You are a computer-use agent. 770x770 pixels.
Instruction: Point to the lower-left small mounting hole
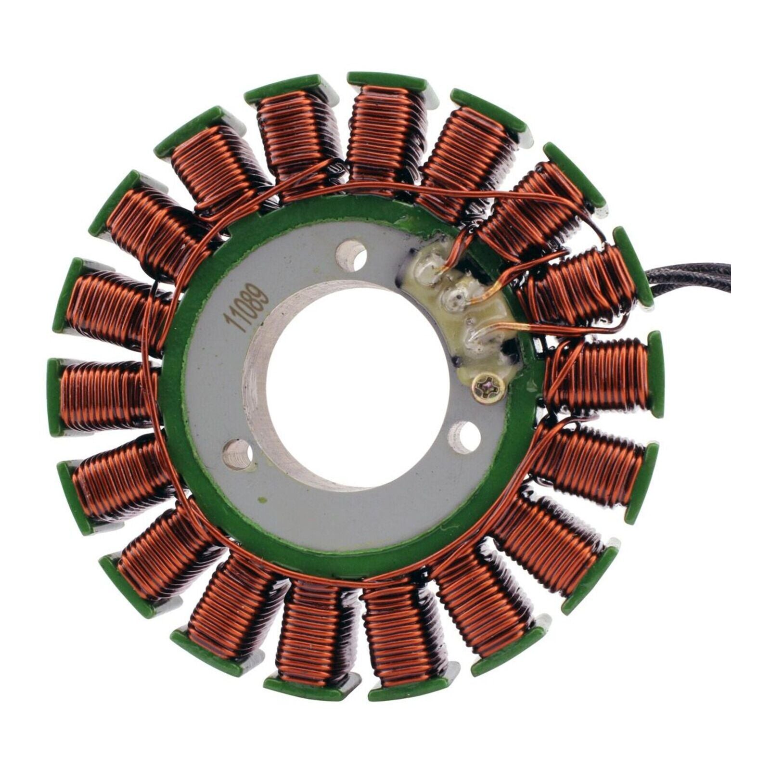point(238,454)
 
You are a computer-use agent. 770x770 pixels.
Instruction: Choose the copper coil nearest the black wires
point(577,284)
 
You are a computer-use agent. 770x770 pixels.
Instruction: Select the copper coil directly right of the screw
point(597,375)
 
